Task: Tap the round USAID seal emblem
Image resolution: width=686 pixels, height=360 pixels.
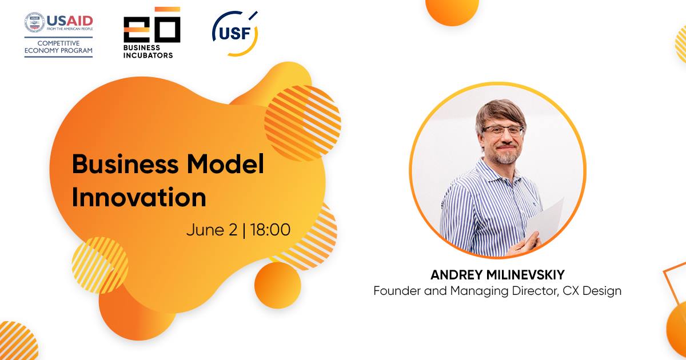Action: point(35,22)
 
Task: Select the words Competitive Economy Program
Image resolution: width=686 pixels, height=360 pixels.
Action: point(58,47)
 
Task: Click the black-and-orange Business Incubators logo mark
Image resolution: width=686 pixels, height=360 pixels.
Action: point(152,25)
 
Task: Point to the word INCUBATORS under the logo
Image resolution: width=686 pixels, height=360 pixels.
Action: point(148,55)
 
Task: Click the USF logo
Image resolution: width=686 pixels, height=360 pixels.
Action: point(235,33)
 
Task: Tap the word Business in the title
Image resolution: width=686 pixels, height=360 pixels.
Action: point(125,164)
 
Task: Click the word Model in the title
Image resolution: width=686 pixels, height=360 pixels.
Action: point(225,164)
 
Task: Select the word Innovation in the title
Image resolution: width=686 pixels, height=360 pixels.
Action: point(139,197)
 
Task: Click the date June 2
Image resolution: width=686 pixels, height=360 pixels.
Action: point(212,230)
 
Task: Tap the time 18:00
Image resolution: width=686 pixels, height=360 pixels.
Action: point(270,230)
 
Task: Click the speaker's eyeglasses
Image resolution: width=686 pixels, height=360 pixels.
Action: point(503,131)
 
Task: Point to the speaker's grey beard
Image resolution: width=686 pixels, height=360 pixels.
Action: point(506,157)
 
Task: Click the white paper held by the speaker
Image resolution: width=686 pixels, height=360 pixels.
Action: point(545,221)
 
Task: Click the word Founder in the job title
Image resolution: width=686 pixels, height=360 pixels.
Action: point(397,291)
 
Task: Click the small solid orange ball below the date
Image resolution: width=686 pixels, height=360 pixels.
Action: point(278,285)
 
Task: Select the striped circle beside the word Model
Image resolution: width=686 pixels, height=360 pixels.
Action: point(302,123)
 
